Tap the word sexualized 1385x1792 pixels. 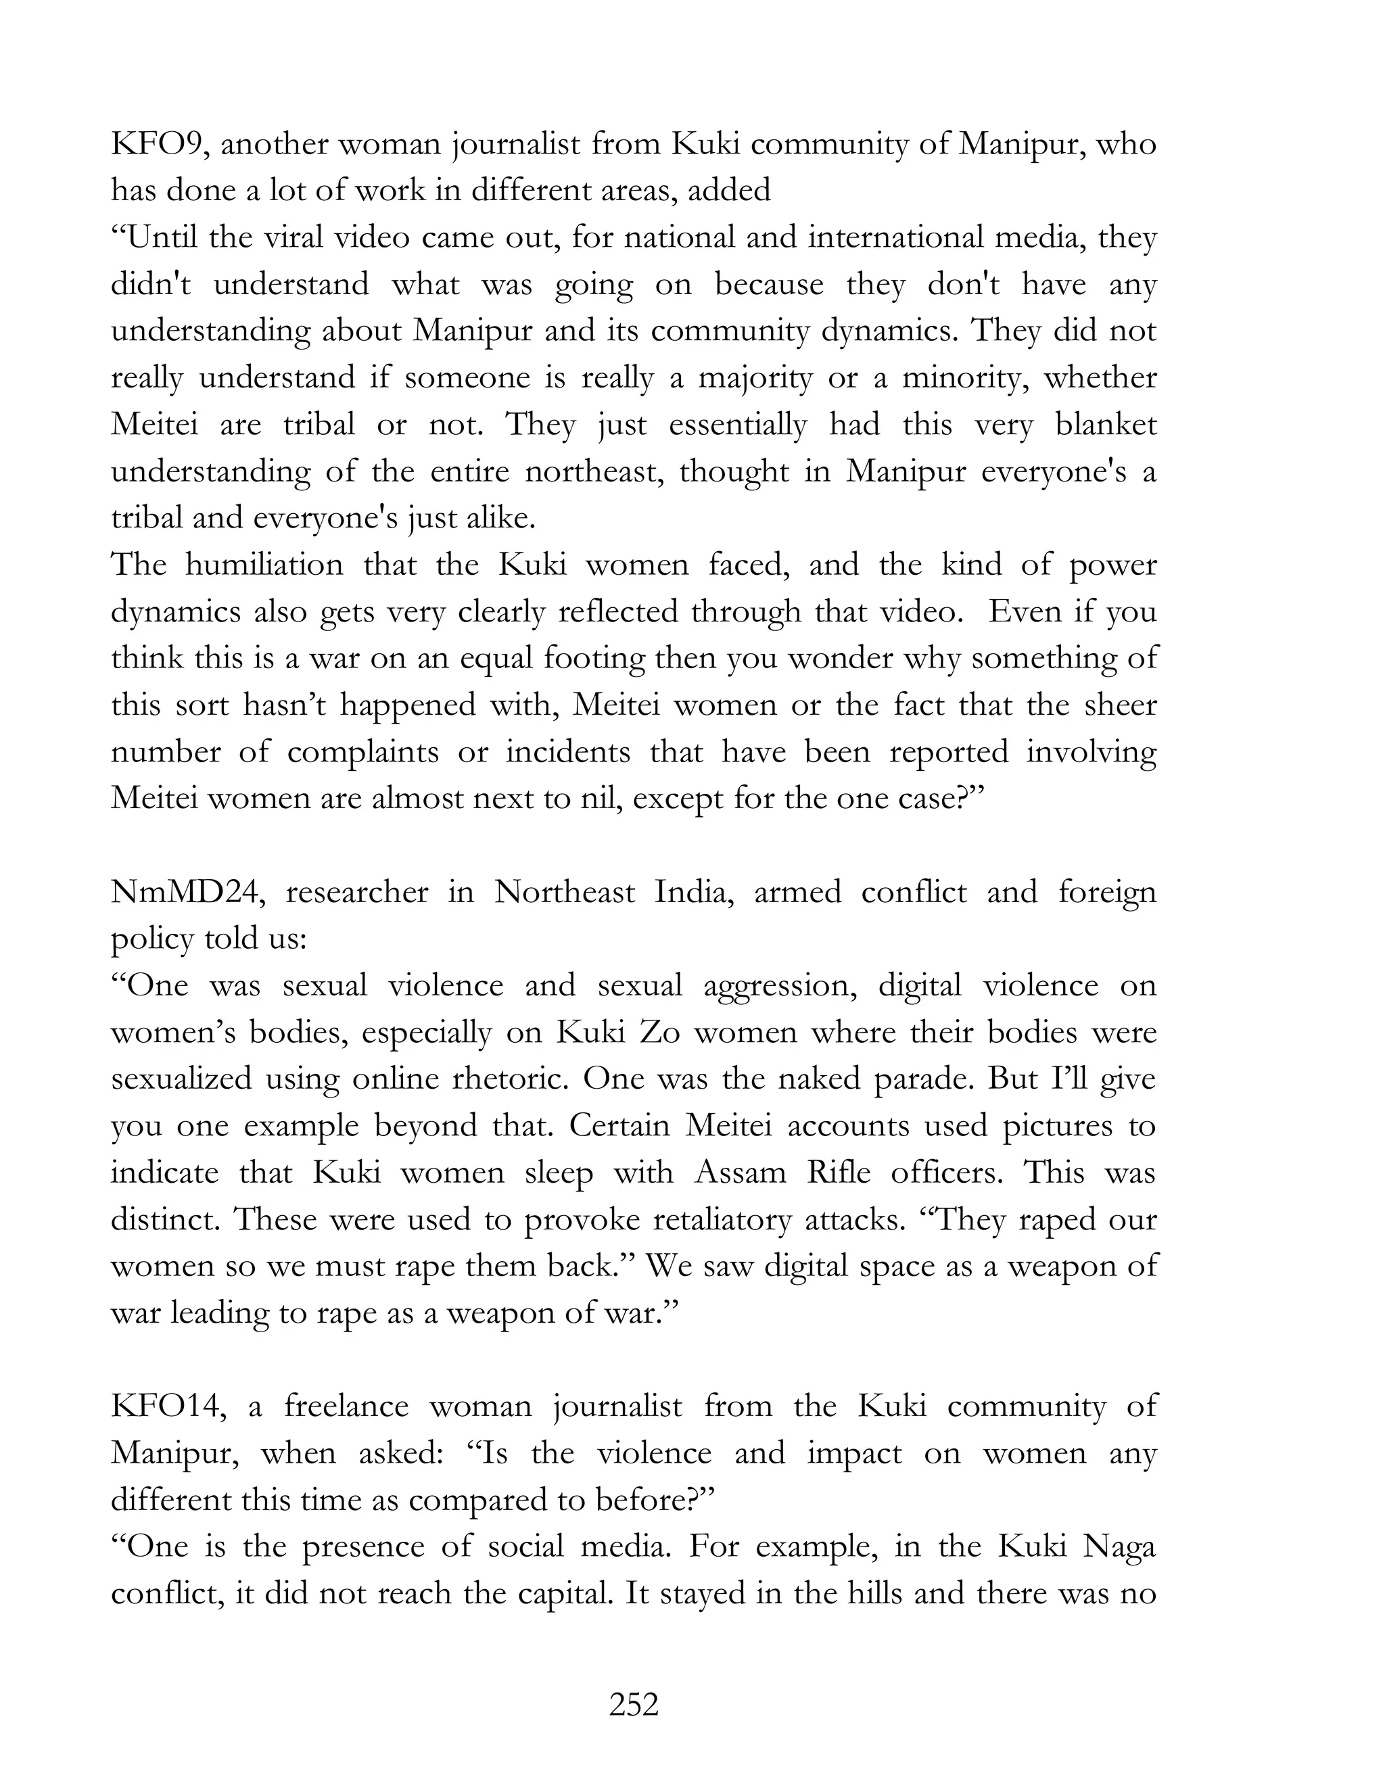click(x=181, y=1079)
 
